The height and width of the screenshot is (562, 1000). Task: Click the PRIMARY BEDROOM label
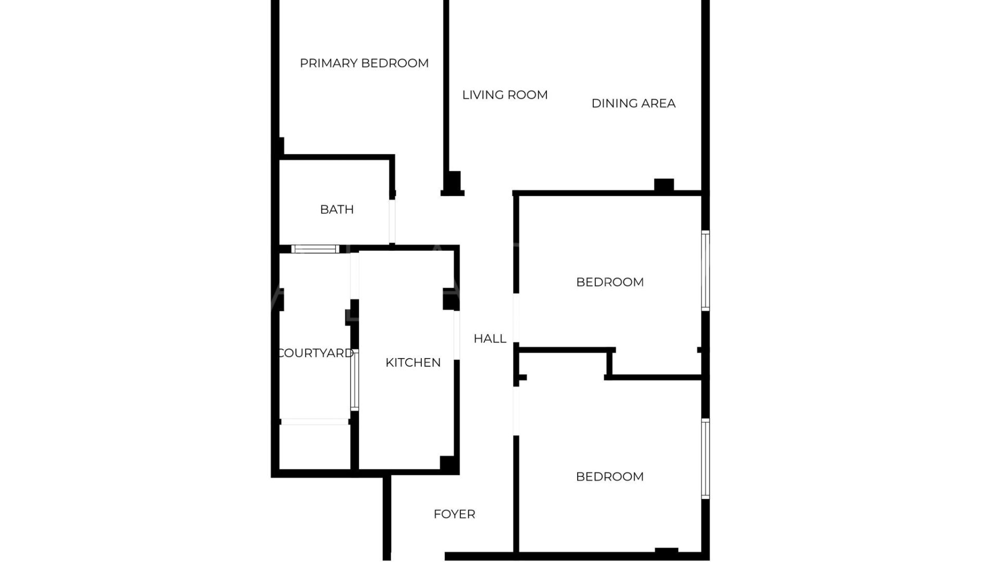(x=364, y=63)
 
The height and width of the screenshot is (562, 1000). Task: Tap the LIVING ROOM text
(x=505, y=95)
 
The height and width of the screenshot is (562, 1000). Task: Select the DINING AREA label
(x=633, y=103)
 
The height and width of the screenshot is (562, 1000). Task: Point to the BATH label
(x=336, y=209)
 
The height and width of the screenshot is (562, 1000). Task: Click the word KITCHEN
(x=413, y=362)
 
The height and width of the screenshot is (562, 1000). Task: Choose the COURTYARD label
(x=316, y=353)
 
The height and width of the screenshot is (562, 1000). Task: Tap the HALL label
(x=490, y=338)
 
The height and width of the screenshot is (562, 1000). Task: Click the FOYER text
(x=454, y=514)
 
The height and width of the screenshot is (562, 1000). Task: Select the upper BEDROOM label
(x=610, y=282)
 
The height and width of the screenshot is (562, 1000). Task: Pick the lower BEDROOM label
(x=610, y=476)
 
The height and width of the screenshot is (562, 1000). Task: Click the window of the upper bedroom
(x=705, y=271)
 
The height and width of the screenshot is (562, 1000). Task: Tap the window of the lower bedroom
(x=705, y=459)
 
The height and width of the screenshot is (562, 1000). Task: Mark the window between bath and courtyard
(x=315, y=249)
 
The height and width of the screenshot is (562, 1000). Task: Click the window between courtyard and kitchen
(x=354, y=380)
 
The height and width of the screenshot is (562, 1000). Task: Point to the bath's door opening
(x=392, y=221)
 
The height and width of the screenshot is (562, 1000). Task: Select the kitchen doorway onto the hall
(x=457, y=335)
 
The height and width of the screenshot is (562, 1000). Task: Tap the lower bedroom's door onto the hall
(x=516, y=411)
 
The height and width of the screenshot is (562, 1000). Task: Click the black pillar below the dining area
(x=664, y=185)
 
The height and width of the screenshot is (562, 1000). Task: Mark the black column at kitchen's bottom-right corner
(x=449, y=464)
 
